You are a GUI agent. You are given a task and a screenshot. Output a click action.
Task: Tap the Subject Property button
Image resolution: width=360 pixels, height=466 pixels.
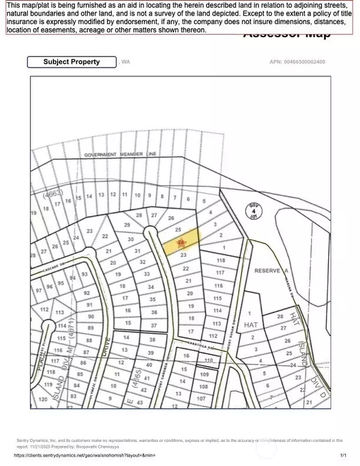pyautogui.click(x=72, y=62)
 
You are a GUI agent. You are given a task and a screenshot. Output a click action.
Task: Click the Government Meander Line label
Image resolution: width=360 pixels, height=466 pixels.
pyautogui.click(x=120, y=154)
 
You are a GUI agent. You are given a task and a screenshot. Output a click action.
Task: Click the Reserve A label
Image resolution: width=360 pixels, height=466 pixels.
pyautogui.click(x=268, y=271)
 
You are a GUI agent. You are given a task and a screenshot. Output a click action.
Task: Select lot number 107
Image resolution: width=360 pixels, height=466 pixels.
pyautogui.click(x=202, y=399)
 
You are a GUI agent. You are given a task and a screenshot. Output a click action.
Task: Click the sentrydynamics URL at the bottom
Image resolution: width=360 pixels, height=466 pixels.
pyautogui.click(x=84, y=455)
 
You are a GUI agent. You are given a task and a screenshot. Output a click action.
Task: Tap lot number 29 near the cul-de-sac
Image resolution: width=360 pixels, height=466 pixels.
pyautogui.click(x=127, y=225)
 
